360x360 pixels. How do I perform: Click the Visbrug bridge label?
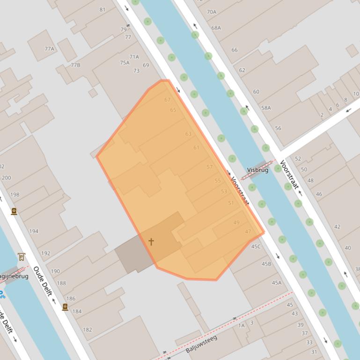[258, 170]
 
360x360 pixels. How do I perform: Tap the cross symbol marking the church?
[151, 242]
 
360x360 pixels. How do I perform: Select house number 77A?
[50, 49]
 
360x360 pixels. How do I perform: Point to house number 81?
[103, 9]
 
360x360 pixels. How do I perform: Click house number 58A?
[266, 108]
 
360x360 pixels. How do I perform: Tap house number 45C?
[256, 246]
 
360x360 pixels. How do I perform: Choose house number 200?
[7, 178]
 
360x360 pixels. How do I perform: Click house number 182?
[88, 330]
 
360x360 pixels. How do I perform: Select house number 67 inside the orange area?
[167, 100]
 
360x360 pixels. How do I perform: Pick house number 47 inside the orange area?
[248, 231]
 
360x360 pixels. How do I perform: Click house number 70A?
[212, 12]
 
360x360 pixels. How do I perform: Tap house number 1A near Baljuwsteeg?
[242, 325]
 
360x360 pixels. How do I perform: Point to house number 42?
[337, 227]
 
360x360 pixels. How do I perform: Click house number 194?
[34, 231]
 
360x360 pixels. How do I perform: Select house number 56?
[278, 128]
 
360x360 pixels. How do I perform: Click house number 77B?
[75, 65]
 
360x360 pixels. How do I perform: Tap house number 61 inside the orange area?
[196, 148]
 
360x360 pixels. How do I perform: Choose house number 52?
[298, 159]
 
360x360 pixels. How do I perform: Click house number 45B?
[266, 264]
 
